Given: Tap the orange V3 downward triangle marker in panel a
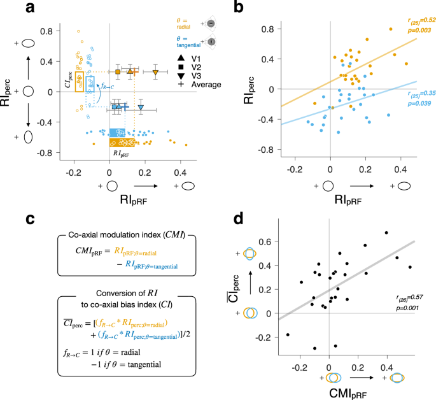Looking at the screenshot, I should (156, 73).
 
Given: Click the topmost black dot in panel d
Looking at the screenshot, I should (386, 232).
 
